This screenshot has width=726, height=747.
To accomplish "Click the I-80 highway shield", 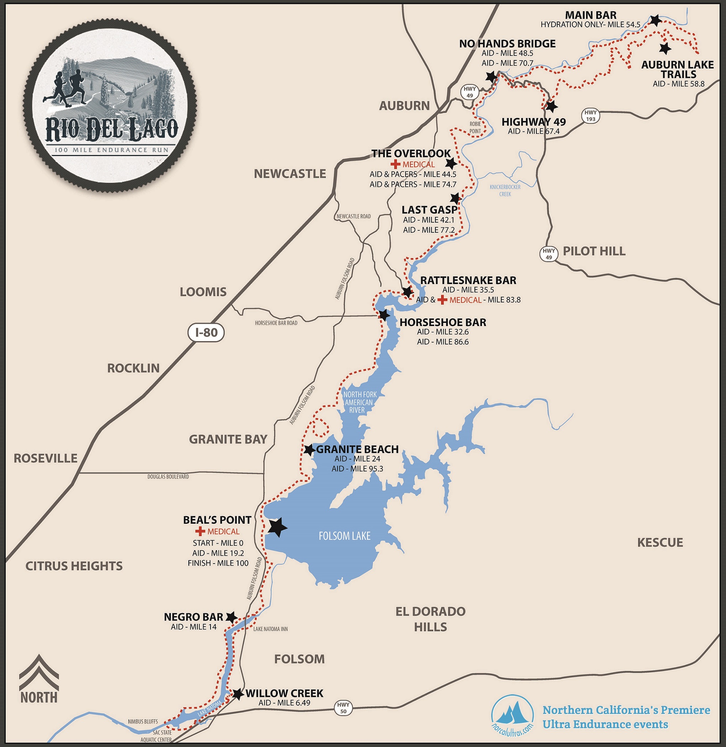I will pyautogui.click(x=206, y=333).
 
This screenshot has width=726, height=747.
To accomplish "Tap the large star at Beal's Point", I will pyautogui.click(x=277, y=527).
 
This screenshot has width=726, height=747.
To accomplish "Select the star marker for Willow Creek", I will pyautogui.click(x=238, y=694).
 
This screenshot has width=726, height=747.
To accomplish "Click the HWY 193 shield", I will pyautogui.click(x=590, y=116).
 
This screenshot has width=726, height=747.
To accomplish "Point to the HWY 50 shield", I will pyautogui.click(x=343, y=708).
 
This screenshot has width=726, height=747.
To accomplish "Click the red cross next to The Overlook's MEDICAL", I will pyautogui.click(x=396, y=165).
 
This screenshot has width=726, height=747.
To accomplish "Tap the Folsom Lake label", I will pyautogui.click(x=344, y=536).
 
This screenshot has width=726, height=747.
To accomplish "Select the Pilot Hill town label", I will pyautogui.click(x=594, y=251).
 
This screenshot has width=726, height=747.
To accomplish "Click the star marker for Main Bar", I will pyautogui.click(x=655, y=20).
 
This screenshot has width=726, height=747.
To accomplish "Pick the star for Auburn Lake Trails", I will pyautogui.click(x=665, y=48).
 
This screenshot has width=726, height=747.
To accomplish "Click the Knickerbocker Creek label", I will pyautogui.click(x=505, y=191).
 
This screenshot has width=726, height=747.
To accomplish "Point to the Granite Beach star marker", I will pyautogui.click(x=309, y=450).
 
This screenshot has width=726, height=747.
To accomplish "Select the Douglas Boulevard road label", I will pyautogui.click(x=168, y=477).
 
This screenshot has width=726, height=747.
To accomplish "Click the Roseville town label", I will pyautogui.click(x=46, y=458).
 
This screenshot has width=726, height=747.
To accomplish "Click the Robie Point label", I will pyautogui.click(x=475, y=127).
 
